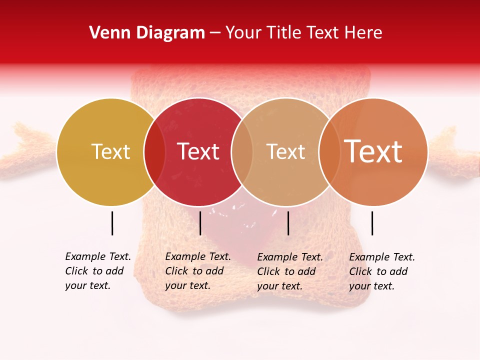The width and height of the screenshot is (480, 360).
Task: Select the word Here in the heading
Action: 364,33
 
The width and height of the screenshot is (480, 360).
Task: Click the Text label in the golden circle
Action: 110,152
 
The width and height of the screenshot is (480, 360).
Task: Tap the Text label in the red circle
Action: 198,152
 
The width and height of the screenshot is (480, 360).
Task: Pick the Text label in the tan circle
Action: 285,152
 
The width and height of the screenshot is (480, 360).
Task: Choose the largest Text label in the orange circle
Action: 373,152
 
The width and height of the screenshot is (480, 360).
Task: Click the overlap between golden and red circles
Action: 154,152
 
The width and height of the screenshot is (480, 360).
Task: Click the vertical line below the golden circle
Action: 112,223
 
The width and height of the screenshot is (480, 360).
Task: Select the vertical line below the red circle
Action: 200,223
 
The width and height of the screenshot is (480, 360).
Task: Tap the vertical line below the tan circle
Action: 288,223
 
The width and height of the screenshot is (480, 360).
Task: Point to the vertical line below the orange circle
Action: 372,223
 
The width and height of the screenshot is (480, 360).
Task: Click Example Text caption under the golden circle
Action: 98,271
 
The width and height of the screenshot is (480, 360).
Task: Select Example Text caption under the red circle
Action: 198,271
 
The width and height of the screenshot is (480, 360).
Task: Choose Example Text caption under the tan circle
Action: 290,271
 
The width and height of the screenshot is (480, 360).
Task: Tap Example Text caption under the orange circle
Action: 382,271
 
